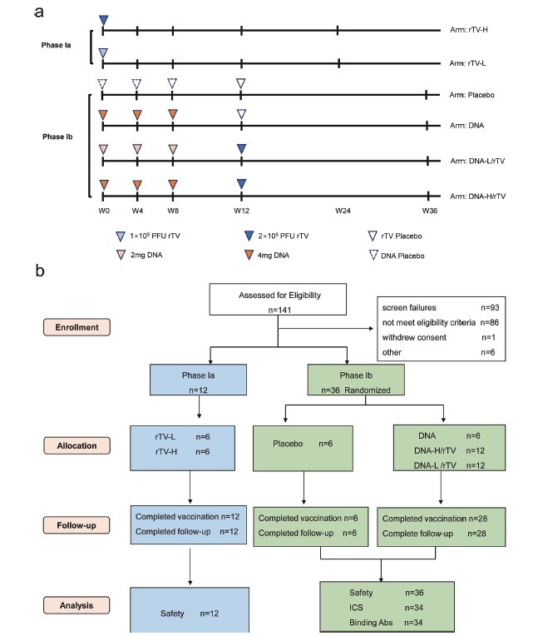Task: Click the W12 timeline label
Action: [x=241, y=211]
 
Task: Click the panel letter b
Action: [x=40, y=271]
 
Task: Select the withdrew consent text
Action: [x=415, y=338]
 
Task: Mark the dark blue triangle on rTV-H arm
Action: [x=103, y=20]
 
